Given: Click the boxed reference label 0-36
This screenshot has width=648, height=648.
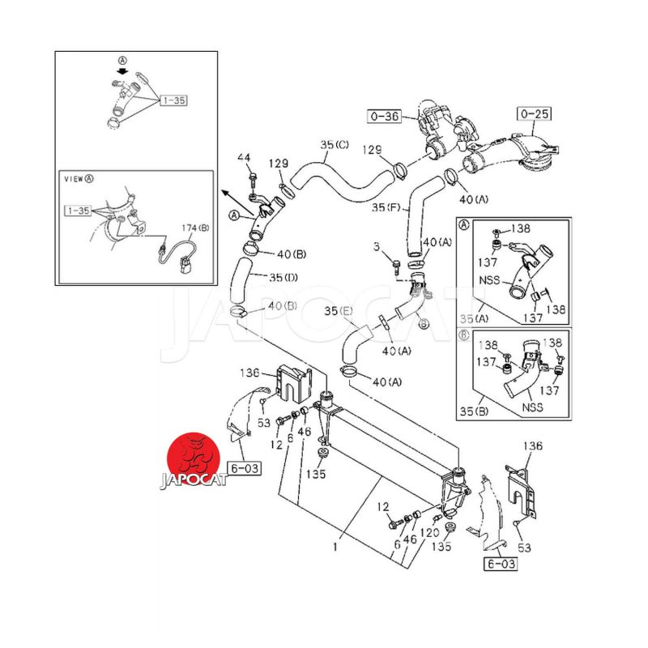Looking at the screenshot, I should click(386, 117).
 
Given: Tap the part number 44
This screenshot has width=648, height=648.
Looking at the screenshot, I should click(245, 157).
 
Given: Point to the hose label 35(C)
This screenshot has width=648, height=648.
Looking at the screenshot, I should click(334, 146).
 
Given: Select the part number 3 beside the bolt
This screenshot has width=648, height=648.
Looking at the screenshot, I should click(376, 245).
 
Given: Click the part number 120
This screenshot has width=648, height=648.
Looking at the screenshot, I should click(430, 533).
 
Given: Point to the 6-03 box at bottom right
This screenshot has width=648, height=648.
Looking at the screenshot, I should click(500, 564).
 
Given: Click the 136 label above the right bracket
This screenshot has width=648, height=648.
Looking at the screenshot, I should click(531, 446).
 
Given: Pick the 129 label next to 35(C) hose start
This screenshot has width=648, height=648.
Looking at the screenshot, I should click(279, 164).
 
